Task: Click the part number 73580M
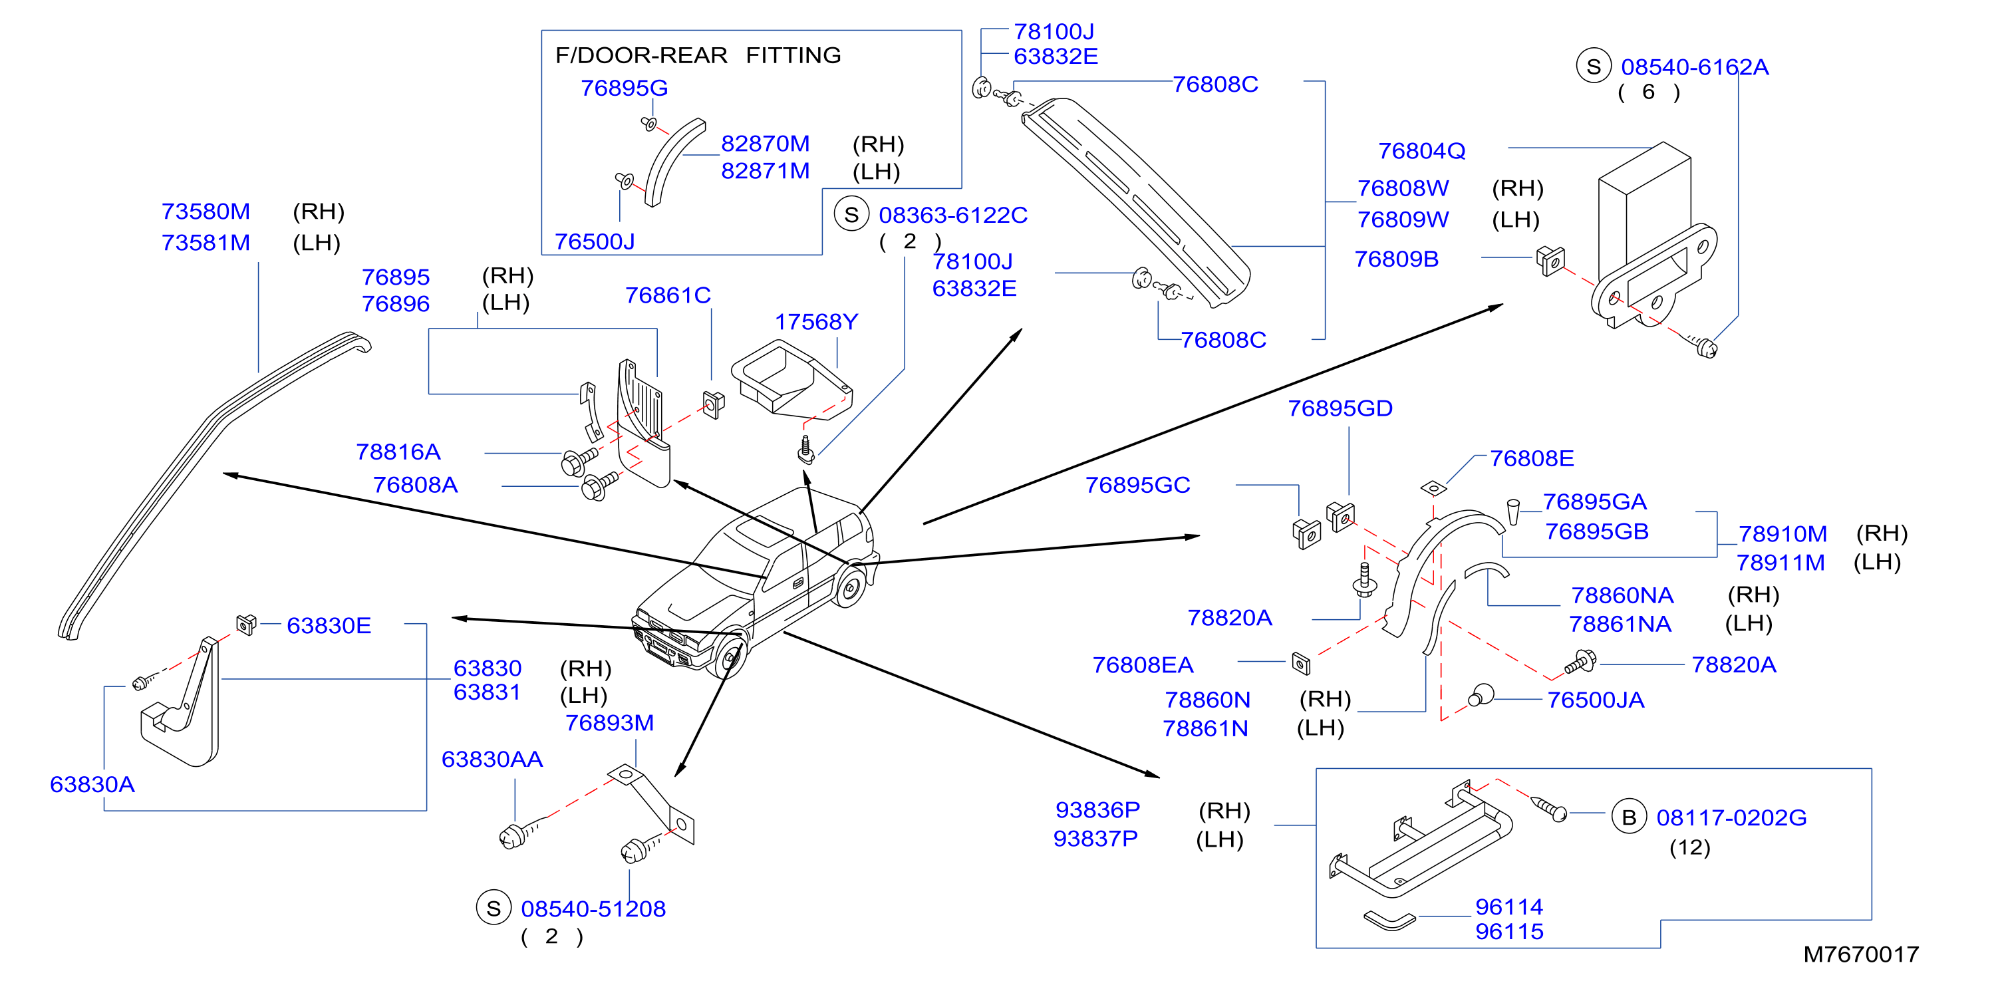(x=206, y=211)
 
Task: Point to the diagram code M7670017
(x=1860, y=954)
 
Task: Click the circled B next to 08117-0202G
(x=1629, y=817)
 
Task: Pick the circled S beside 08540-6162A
(x=1593, y=67)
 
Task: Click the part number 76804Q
(x=1421, y=151)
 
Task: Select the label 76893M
(x=609, y=723)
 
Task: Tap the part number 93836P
(x=1097, y=809)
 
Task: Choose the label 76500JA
(x=1596, y=700)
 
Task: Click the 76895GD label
(x=1340, y=408)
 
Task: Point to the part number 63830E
(x=329, y=625)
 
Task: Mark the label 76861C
(x=668, y=295)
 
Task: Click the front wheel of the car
(x=729, y=658)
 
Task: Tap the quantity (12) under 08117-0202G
(x=1689, y=847)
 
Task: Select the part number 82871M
(x=765, y=171)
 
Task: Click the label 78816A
(x=398, y=452)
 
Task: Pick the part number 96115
(x=1508, y=931)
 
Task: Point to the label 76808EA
(x=1142, y=664)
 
